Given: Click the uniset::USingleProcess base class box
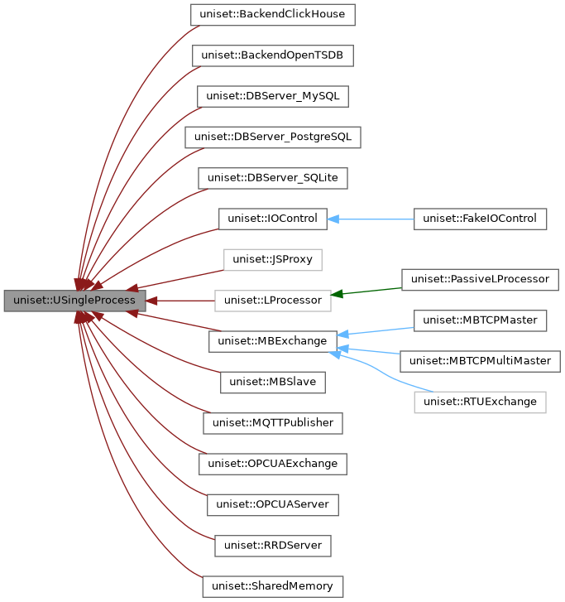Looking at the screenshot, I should [74, 301].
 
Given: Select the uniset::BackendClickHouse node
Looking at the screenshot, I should [272, 15].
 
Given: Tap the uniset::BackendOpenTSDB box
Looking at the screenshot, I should [272, 55].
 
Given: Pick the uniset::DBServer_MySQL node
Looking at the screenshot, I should [272, 96].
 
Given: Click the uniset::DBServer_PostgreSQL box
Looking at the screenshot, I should [272, 137].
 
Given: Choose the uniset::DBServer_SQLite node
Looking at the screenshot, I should [272, 178].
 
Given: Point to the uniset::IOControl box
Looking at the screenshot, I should [272, 219].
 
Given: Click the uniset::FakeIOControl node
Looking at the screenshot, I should [480, 219].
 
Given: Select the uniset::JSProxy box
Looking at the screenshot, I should [272, 259].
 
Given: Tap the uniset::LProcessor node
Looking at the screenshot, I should [272, 300].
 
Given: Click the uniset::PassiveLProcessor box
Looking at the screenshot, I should [480, 279].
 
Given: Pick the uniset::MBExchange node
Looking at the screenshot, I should [272, 340].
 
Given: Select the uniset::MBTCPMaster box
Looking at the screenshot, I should [480, 320].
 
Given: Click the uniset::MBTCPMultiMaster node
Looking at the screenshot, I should [480, 360].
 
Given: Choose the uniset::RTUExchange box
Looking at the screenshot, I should [480, 402].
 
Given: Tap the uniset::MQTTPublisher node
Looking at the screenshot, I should [272, 422].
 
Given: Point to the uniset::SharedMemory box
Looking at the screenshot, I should [272, 586].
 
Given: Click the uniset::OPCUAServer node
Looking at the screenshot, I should [272, 503].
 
